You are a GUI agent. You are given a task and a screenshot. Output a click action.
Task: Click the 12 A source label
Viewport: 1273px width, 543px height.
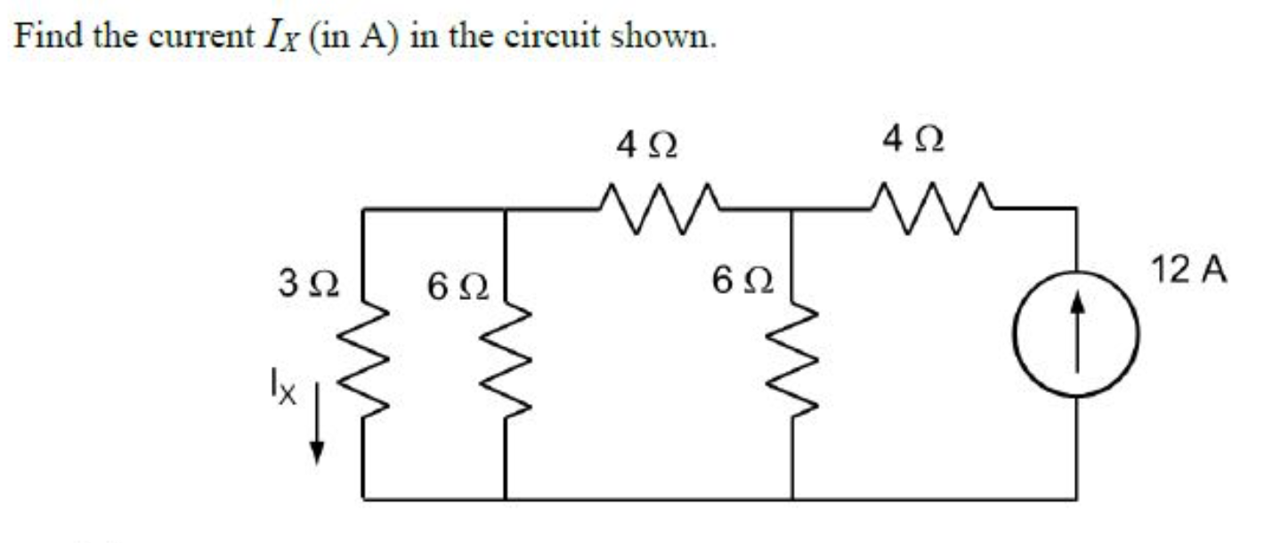(x=1189, y=269)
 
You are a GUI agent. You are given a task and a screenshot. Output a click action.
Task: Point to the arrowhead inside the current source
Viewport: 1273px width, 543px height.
(x=1078, y=305)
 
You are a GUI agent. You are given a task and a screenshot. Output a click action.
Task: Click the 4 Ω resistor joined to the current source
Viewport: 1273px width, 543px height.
(x=932, y=208)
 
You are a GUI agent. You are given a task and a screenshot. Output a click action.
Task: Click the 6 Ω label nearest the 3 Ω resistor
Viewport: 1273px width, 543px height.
(x=458, y=287)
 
